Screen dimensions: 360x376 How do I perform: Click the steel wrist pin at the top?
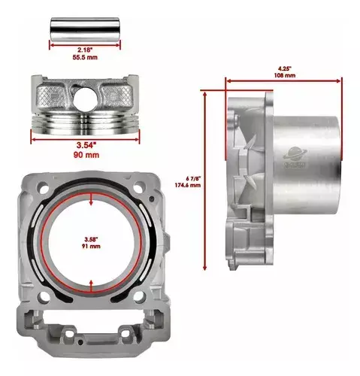[85, 29]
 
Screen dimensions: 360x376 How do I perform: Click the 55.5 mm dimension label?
[85, 57]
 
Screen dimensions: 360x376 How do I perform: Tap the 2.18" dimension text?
[85, 50]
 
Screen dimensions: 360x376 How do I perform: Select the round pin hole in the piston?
[85, 99]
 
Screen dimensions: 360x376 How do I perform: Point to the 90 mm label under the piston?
[86, 155]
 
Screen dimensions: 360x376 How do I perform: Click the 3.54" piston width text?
[86, 145]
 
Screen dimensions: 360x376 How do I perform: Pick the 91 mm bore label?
[91, 246]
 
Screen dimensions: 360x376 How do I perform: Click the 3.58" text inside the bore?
[90, 239]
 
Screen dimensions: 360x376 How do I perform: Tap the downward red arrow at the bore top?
[91, 199]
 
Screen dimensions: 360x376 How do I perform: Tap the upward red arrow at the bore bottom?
[91, 286]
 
